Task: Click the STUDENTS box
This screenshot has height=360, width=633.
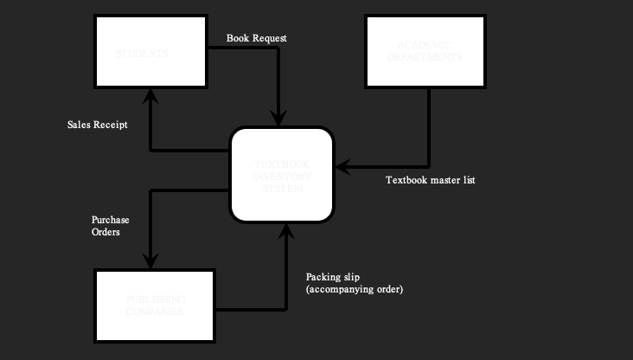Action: click(x=150, y=51)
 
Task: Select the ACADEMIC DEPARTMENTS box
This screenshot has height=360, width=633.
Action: click(x=425, y=51)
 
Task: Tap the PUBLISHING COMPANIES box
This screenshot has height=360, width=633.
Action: click(x=155, y=305)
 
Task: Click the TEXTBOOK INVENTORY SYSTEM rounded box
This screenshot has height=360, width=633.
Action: click(x=281, y=174)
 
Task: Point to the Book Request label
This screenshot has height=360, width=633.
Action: click(x=256, y=38)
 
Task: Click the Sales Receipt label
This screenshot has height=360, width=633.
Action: click(x=98, y=125)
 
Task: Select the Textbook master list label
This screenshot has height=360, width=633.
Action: click(x=430, y=180)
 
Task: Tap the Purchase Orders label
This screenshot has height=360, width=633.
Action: click(x=110, y=226)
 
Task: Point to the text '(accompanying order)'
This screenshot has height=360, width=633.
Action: click(x=355, y=289)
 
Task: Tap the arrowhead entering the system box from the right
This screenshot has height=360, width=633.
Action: click(x=342, y=165)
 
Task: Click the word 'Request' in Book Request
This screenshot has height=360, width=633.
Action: click(x=270, y=38)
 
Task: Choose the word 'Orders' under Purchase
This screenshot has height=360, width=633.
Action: click(x=105, y=232)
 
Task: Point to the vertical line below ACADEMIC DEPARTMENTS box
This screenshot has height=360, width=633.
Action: click(x=429, y=125)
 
